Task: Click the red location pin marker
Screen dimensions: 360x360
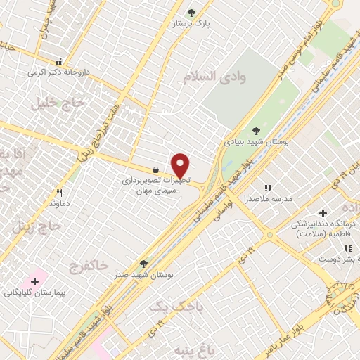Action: pyautogui.click(x=181, y=165)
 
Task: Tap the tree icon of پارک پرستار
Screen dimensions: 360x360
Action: pyautogui.click(x=192, y=12)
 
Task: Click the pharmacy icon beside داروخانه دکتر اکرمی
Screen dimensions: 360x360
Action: pyautogui.click(x=59, y=62)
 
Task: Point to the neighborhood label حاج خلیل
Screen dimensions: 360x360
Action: pyautogui.click(x=57, y=103)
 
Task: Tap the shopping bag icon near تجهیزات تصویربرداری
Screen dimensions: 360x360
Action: pyautogui.click(x=155, y=169)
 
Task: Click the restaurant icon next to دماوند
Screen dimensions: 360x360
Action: pyautogui.click(x=59, y=193)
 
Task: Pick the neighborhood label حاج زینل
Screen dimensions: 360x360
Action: pyautogui.click(x=42, y=226)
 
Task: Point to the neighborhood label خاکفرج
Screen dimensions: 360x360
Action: pyautogui.click(x=89, y=265)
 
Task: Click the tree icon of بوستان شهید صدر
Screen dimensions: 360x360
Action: pyautogui.click(x=143, y=264)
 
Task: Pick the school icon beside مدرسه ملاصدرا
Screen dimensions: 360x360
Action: pyautogui.click(x=267, y=188)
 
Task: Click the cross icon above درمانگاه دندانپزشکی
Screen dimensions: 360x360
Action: pyautogui.click(x=323, y=213)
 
